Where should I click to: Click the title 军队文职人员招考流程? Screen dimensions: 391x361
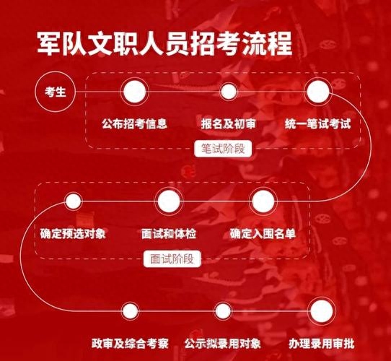point(164,43)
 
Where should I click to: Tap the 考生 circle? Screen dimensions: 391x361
point(55,92)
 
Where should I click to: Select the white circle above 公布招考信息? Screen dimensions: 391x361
point(135,92)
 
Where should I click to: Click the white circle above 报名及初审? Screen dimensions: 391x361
point(229,92)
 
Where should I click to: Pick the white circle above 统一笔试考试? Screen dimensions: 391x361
point(318,92)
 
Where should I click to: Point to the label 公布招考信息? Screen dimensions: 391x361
point(135,123)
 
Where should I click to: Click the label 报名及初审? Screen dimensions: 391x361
point(229,123)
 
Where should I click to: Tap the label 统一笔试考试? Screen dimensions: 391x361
point(318,123)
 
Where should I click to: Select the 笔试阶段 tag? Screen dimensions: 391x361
point(223,149)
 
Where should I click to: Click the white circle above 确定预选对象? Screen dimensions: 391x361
point(73,201)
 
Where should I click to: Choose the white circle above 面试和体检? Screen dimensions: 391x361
point(169,201)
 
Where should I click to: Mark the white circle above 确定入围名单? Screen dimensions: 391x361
point(263,201)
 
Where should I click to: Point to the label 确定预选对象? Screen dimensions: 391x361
point(73,234)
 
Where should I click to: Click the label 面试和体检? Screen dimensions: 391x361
point(169,234)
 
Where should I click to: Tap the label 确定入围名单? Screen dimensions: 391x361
point(263,234)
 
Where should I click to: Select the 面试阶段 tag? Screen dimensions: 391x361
point(172,258)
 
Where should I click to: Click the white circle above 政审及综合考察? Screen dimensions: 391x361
point(130,311)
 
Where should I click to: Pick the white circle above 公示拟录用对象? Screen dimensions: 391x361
point(223,311)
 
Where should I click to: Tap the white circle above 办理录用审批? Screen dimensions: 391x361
point(322,311)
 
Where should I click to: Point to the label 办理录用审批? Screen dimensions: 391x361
point(322,344)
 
